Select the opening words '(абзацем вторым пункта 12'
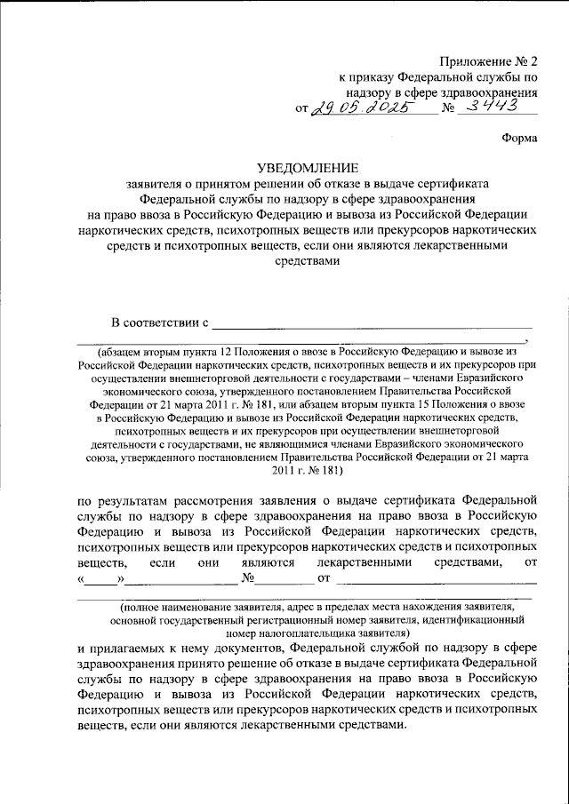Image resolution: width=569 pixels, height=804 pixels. pos(168,349)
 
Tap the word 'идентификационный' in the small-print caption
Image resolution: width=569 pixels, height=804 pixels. pos(484,619)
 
